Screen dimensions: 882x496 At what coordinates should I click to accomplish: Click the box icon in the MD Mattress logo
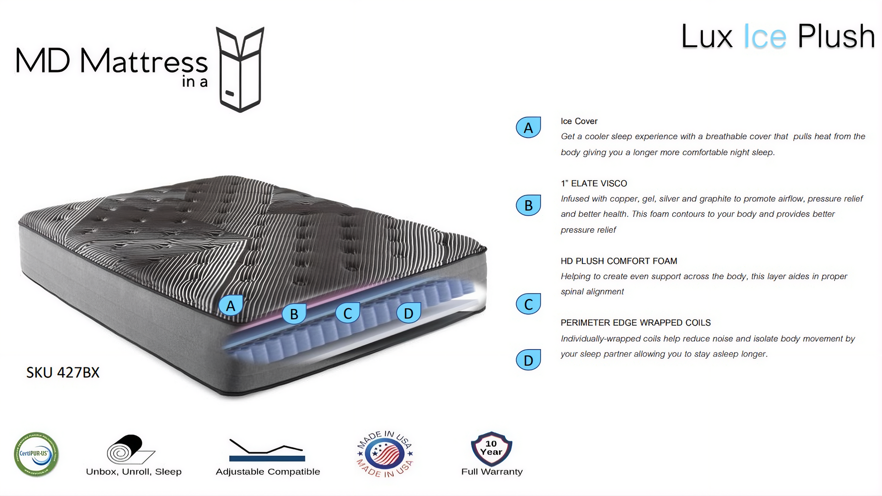[x=240, y=69]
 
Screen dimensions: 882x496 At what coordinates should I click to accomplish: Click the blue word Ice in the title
[x=765, y=37]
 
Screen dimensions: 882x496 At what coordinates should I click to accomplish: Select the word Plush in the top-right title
[x=836, y=36]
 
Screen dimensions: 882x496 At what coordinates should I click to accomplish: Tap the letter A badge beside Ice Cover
[x=528, y=127]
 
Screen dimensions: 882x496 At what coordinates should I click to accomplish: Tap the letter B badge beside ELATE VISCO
[x=528, y=205]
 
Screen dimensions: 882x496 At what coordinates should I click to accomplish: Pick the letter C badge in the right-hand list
[x=528, y=304]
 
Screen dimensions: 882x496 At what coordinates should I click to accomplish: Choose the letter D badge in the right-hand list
[x=528, y=360]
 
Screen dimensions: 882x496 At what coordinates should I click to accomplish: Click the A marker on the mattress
[x=231, y=306]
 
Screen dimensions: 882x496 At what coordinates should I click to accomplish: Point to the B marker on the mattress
[x=294, y=313]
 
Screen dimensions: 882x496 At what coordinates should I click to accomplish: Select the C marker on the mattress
[x=348, y=313]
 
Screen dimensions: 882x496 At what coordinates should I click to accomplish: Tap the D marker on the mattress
[x=408, y=313]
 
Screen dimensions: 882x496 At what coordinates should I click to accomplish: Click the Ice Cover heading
[x=579, y=121]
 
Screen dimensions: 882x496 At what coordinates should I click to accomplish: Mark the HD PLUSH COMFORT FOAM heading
[x=619, y=261]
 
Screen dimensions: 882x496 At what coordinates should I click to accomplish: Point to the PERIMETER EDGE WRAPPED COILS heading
[x=635, y=323]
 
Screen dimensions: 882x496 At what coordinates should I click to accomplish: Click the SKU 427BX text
[x=63, y=372]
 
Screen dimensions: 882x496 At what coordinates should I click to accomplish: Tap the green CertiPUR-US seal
[x=36, y=454]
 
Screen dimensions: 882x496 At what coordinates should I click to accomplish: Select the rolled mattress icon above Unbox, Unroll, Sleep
[x=131, y=449]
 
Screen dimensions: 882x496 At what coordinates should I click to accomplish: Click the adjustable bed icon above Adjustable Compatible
[x=267, y=450]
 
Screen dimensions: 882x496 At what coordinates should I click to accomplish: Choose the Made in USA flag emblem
[x=385, y=454]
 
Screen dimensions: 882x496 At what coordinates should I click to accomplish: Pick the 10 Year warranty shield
[x=492, y=448]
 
